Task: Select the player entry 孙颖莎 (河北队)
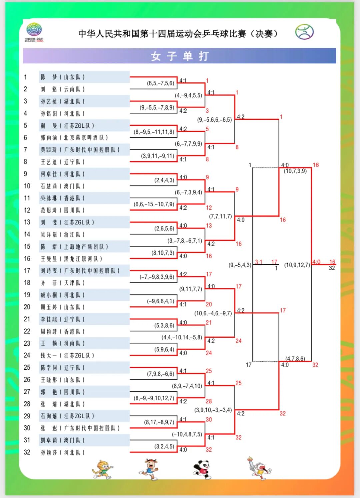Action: [63, 452]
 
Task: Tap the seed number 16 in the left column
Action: [27, 259]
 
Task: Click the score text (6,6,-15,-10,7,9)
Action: [154, 204]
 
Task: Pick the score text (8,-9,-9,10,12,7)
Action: [154, 398]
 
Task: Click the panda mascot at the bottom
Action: [202, 469]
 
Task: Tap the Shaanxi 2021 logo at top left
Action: [34, 32]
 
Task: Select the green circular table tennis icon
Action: [304, 32]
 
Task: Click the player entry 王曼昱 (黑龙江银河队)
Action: [71, 259]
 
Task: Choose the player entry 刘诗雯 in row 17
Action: [80, 271]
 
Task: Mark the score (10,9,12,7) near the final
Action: [297, 265]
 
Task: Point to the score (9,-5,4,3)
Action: [240, 265]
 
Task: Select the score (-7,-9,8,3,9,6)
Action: [157, 277]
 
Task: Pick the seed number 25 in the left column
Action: [27, 367]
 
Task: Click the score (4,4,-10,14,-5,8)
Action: [182, 337]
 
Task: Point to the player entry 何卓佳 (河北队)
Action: [63, 174]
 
